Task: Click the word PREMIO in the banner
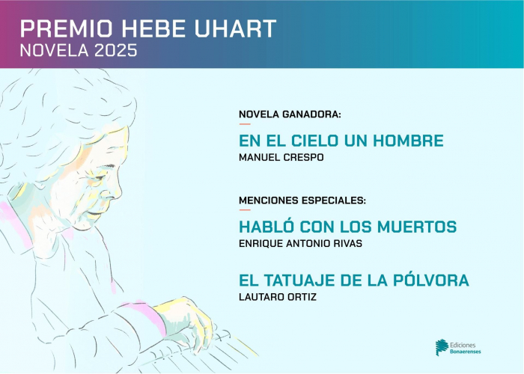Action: coord(66,28)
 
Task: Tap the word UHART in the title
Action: coord(235,28)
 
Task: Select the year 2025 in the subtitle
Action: coord(115,50)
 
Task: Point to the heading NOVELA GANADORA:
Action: coord(290,114)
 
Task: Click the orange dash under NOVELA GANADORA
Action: coord(245,124)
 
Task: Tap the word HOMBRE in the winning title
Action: coord(408,141)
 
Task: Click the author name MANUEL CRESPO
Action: coord(281,157)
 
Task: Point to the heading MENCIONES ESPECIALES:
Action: coord(302,200)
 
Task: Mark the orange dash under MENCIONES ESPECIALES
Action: coord(245,210)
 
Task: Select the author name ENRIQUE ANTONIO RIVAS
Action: coord(300,243)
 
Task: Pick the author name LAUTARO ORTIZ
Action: coord(278,297)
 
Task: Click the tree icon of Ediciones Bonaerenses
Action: coord(442,347)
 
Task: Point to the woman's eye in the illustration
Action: coord(100,178)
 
